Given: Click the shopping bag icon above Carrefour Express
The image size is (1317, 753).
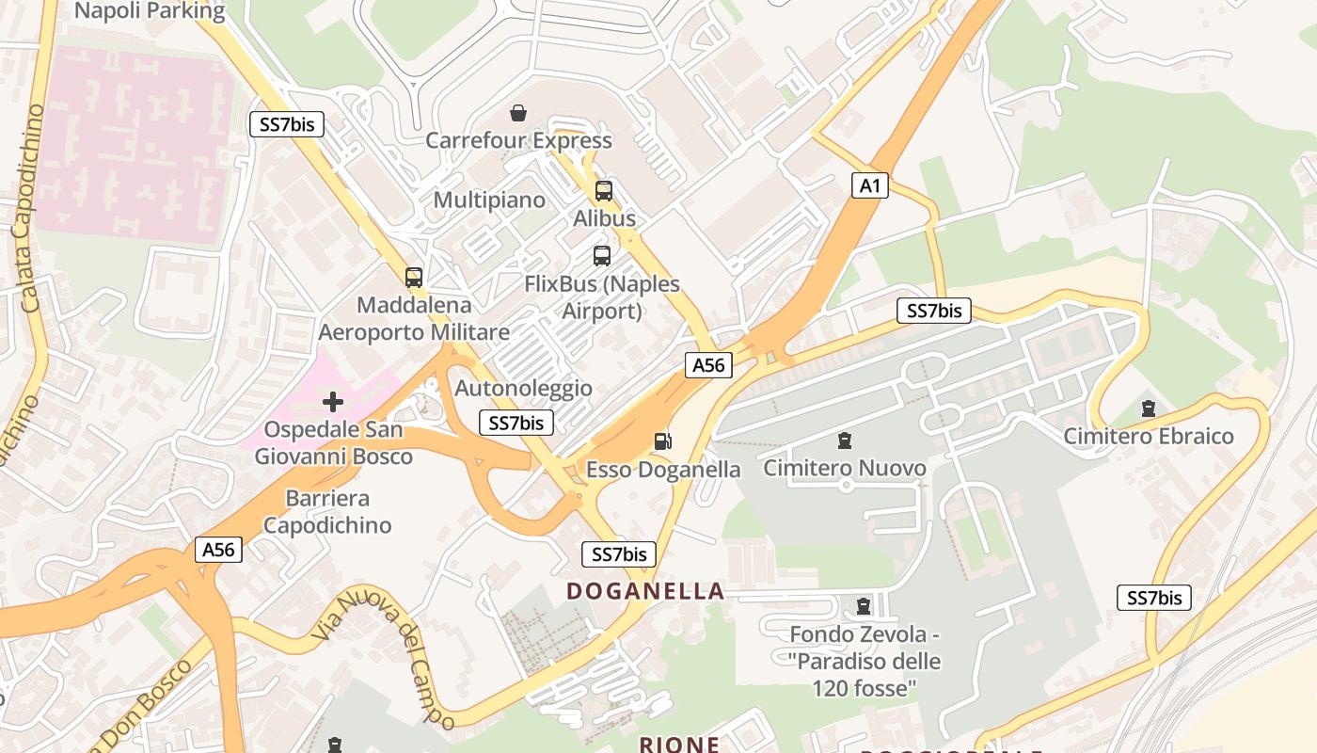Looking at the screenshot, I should click(517, 114).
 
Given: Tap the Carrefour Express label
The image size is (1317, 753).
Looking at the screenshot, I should click(518, 141).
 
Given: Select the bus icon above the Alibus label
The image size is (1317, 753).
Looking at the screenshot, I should click(604, 191).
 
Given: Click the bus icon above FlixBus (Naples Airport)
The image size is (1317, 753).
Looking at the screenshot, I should click(602, 255).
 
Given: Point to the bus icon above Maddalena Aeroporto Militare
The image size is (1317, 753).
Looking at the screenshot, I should click(414, 277).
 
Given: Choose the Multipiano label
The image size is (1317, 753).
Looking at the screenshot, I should click(489, 200).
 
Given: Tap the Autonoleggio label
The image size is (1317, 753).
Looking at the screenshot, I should click(523, 389).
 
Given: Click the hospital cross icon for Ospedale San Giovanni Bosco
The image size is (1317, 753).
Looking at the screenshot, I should click(332, 402).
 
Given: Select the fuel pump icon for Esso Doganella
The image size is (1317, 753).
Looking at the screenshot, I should click(663, 441).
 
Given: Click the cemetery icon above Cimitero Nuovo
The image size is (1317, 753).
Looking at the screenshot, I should click(845, 440).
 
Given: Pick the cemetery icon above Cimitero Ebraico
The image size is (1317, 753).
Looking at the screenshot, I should click(1148, 409).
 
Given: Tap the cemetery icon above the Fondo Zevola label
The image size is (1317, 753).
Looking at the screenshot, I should click(864, 606).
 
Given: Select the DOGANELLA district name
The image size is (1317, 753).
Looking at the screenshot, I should click(645, 591).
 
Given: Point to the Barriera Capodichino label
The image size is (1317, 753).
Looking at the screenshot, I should click(326, 511).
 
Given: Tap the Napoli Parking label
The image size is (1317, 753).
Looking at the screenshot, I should click(150, 11).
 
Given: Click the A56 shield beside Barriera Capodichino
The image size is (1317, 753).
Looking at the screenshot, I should click(219, 550).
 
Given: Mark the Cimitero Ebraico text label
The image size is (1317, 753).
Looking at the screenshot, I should click(1148, 437).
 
